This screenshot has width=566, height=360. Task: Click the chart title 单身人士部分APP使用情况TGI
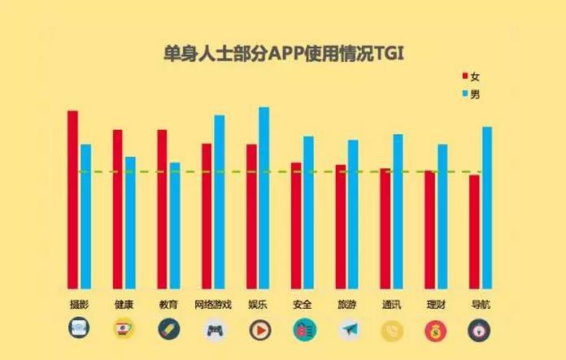pyautogui.click(x=283, y=54)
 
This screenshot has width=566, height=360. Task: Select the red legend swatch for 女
pyautogui.click(x=465, y=76)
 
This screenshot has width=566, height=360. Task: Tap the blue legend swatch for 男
pyautogui.click(x=465, y=95)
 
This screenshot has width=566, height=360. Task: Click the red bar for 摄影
pyautogui.click(x=72, y=198)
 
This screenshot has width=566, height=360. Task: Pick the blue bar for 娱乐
pyautogui.click(x=263, y=197)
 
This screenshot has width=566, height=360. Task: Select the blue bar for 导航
pyautogui.click(x=487, y=206)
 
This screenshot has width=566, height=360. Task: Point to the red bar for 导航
pyautogui.click(x=474, y=231)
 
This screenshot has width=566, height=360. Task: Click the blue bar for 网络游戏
pyautogui.click(x=220, y=201)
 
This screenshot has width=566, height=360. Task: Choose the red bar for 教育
pyautogui.click(x=162, y=208)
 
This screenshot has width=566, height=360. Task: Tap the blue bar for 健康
pyautogui.click(x=130, y=222)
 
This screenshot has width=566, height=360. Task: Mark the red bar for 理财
pyautogui.click(x=429, y=228)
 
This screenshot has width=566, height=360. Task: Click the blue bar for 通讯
pyautogui.click(x=398, y=210)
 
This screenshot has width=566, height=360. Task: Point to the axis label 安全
pyautogui.click(x=302, y=305)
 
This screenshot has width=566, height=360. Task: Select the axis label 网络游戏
pyautogui.click(x=213, y=305)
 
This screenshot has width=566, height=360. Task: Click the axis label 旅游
pyautogui.click(x=346, y=305)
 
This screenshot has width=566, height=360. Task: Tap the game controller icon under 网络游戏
pyautogui.click(x=214, y=330)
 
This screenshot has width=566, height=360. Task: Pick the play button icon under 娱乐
pyautogui.click(x=258, y=330)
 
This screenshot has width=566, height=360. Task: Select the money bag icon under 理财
pyautogui.click(x=436, y=330)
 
